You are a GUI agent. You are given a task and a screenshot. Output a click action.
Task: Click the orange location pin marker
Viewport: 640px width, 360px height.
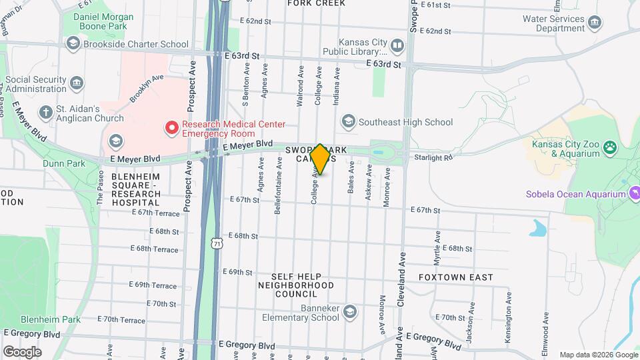(320, 159)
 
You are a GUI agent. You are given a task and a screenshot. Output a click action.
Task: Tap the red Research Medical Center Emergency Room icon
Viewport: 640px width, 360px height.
(172, 127)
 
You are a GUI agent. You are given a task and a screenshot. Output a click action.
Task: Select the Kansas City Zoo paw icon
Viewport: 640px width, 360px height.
(611, 147)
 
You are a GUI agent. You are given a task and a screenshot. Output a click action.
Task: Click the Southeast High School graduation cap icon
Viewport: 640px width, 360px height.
(348, 122)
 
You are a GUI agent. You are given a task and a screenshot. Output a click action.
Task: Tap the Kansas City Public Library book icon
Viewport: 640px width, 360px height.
(397, 45)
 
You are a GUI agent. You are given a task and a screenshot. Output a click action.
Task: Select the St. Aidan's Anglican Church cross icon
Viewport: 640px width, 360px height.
(45, 112)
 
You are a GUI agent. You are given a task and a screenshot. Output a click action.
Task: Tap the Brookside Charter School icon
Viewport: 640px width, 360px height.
(73, 44)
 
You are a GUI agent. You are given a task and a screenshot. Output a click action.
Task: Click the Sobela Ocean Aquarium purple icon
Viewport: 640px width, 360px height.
(635, 194)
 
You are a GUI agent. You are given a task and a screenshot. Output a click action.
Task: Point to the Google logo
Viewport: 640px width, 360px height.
(22, 351)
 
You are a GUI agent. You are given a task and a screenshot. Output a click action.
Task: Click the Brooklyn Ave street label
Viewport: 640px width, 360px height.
(147, 88)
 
